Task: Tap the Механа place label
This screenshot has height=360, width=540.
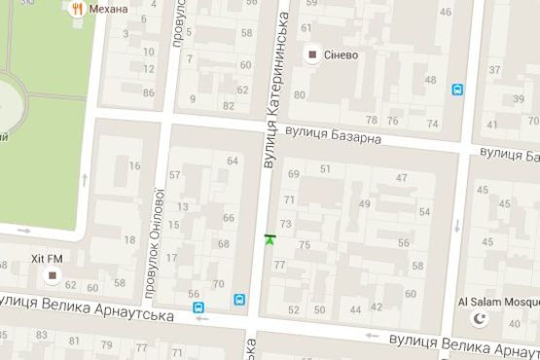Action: point(108,9)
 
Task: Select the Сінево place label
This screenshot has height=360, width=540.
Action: point(341,54)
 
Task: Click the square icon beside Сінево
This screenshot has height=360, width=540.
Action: point(313,54)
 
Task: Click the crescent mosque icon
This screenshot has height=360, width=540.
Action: point(477,319)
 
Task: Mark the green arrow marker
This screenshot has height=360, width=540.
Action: point(270,238)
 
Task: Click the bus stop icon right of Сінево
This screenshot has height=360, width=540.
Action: point(457,90)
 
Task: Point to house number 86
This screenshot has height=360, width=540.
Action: point(148,93)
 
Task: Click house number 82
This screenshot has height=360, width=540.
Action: point(229,105)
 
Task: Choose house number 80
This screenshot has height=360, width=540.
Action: point(300,94)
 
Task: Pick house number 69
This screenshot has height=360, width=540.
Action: point(294,173)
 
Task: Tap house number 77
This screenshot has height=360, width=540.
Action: point(279,264)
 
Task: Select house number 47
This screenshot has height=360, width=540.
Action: point(401,178)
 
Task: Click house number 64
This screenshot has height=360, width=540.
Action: point(232,161)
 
